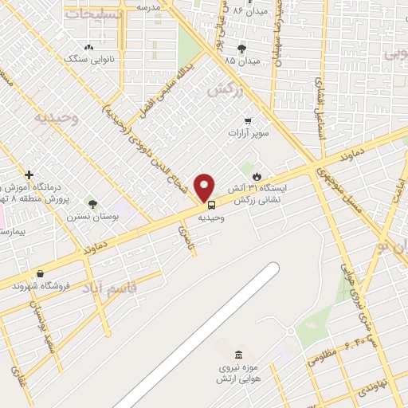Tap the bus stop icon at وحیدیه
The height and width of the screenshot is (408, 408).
click(x=211, y=204)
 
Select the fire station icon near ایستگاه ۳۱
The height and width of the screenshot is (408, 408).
click(x=257, y=175)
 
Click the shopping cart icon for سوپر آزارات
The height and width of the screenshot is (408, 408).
click(x=249, y=121)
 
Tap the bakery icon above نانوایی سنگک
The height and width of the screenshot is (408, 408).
click(x=88, y=47)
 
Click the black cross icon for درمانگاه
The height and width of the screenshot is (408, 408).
click(x=29, y=174)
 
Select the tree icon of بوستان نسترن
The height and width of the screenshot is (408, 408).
click(x=92, y=203)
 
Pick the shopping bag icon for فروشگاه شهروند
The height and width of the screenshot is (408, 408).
click(x=40, y=273)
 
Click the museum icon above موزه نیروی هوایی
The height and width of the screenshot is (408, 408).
click(x=237, y=354)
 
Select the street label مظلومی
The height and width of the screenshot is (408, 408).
click(x=325, y=360)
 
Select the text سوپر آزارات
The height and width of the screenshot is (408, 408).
click(x=249, y=134)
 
